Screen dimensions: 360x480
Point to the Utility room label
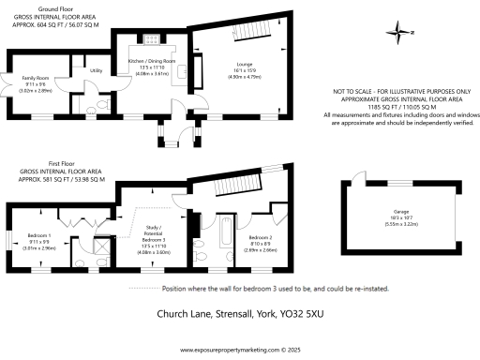[95, 70]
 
